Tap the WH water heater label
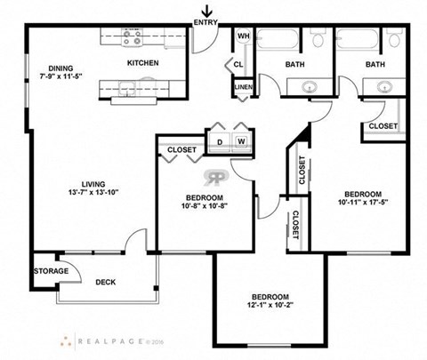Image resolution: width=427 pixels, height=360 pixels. point(241,36)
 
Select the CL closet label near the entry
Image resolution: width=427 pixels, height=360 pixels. point(239,65)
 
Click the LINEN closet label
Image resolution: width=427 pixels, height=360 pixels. point(241,87)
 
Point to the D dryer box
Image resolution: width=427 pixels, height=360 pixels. point(218,140)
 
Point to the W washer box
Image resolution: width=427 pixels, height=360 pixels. point(240,140)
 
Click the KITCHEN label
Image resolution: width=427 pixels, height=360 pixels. point(142,63)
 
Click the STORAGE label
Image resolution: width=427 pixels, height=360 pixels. point(51,270)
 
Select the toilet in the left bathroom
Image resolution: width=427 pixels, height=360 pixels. point(317,38)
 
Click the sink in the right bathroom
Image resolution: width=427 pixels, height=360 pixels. point(384,87)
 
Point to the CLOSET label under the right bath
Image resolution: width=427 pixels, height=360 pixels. point(383,126)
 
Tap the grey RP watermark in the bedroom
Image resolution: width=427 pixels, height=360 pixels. point(213,176)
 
